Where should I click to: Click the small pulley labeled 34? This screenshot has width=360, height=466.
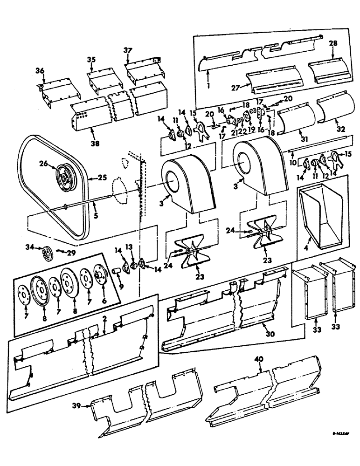click(x=47, y=254)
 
